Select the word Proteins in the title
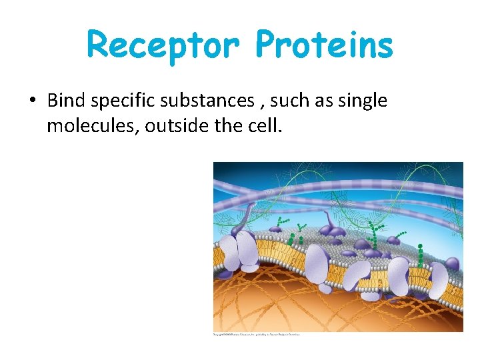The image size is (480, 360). point(325,45)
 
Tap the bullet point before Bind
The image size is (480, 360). point(31,101)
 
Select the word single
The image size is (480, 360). point(363,101)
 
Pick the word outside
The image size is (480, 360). point(169,125)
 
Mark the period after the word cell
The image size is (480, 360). point(281,131)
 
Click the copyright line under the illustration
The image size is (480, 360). point(256,334)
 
